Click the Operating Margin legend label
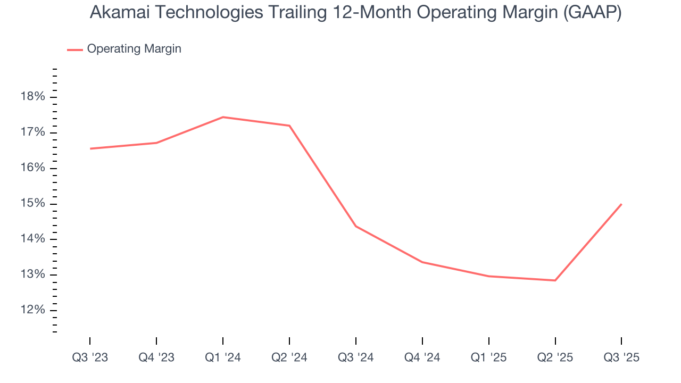point(134,49)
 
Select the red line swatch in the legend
point(75,49)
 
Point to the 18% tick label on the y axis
point(32,97)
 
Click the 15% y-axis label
point(32,204)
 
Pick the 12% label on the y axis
point(32,310)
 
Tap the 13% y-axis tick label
point(32,274)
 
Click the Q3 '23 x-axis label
point(90,357)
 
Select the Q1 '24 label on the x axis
point(223,357)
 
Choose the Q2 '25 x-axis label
point(555,357)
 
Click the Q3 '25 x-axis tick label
point(621,357)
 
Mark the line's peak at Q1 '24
point(223,117)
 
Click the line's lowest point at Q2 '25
point(555,280)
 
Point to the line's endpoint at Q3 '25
point(621,204)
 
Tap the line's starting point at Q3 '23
point(90,148)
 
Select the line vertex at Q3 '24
point(356,227)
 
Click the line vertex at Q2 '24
point(289,126)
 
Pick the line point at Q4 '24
point(422,262)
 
